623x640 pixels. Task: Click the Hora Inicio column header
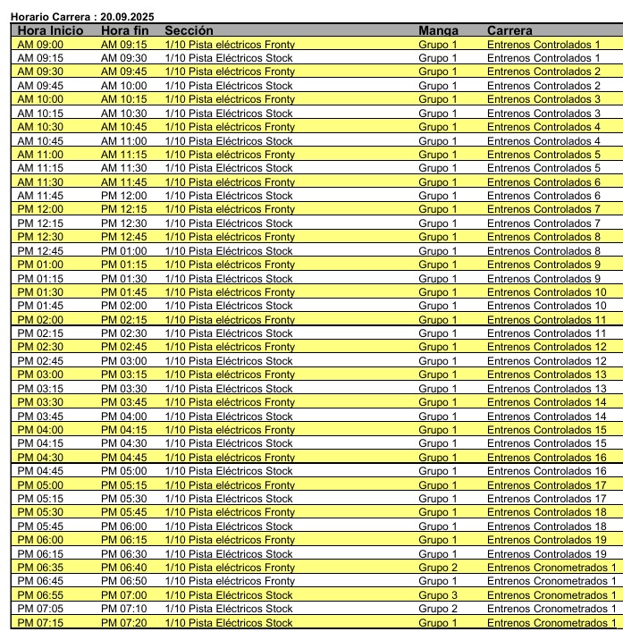(50, 30)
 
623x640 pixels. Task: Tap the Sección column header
(189, 30)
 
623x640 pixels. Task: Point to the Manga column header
(438, 30)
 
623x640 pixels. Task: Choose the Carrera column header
(509, 30)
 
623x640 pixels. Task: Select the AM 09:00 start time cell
(40, 45)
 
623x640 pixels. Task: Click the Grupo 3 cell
(437, 595)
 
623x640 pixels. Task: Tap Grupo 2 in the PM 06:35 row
(437, 568)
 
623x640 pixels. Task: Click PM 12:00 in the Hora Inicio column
(40, 210)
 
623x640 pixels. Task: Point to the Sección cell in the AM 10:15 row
(229, 114)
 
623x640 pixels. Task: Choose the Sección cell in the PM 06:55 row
(229, 595)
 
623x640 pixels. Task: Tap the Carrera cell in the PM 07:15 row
(551, 623)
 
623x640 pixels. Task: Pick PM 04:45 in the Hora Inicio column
(40, 471)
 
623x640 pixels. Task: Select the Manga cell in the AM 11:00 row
(437, 155)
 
